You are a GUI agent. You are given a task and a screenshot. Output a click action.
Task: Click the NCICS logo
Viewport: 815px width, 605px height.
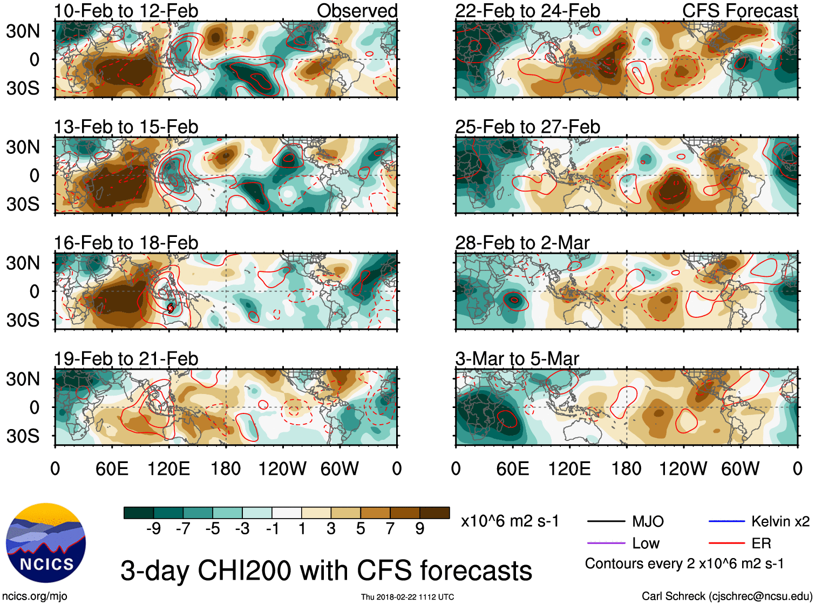46,543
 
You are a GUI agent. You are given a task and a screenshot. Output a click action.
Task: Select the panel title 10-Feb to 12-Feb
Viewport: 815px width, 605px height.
126,11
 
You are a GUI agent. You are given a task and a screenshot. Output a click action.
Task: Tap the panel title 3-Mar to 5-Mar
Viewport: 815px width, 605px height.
517,359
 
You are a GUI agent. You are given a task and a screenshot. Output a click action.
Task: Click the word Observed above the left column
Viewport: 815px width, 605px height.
357,11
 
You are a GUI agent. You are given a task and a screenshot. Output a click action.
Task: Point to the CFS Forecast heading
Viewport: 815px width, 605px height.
739,11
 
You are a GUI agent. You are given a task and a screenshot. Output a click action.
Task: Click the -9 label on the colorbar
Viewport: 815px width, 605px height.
153,529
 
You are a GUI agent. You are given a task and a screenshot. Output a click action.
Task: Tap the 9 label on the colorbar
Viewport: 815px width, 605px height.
420,529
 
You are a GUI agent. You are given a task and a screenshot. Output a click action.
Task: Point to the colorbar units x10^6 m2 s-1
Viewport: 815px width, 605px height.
510,521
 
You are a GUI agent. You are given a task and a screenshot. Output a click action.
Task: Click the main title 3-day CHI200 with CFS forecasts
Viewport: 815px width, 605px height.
326,570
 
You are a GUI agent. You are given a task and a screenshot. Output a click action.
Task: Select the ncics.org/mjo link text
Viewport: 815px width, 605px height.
35,596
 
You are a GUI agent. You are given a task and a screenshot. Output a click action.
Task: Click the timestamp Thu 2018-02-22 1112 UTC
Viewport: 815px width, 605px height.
407,597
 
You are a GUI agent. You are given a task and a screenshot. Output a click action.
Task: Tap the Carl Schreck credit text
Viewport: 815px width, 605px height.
726,596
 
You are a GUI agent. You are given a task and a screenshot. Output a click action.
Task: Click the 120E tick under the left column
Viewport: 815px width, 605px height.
168,468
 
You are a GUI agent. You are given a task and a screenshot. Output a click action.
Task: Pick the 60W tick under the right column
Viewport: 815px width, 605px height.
740,468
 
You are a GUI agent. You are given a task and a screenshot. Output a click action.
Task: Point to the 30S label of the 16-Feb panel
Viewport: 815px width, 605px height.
23,320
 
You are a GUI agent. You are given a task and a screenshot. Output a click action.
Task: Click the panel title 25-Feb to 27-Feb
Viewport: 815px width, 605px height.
527,127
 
